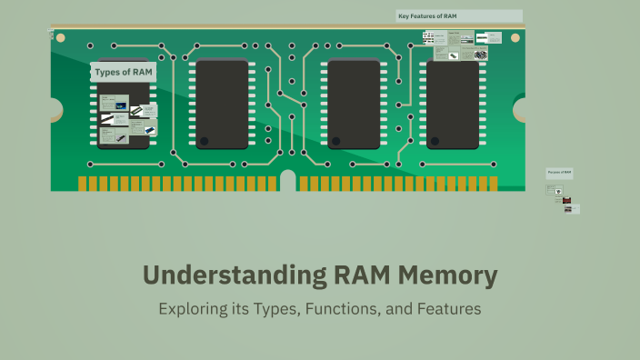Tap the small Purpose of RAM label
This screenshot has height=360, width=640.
click(559, 173)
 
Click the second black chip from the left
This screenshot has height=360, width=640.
click(222, 104)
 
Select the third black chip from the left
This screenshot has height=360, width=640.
click(354, 104)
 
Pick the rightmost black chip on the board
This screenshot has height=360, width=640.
click(453, 104)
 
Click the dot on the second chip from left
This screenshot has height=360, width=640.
click(205, 142)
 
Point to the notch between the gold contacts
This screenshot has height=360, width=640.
click(287, 180)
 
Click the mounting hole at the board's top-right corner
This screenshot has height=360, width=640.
click(515, 39)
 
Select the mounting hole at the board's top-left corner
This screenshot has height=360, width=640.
click(62, 39)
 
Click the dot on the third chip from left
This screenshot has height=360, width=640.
click(337, 142)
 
